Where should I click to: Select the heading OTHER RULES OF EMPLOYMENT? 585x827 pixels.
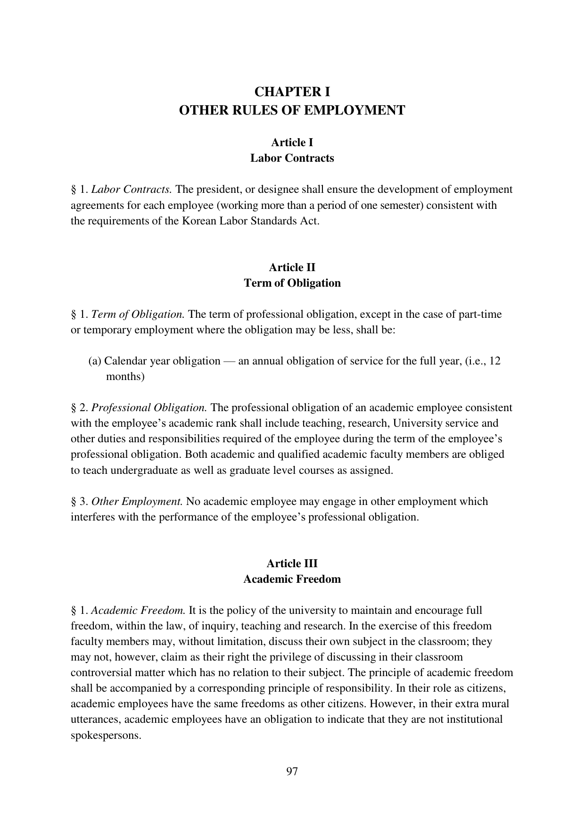tap(292, 110)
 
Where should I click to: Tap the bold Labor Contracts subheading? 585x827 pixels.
tap(292, 158)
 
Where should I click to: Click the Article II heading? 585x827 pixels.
tap(292, 267)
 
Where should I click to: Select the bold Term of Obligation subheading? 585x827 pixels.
tap(292, 283)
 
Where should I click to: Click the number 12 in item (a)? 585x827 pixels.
tap(494, 361)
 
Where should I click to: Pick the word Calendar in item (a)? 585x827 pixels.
tap(124, 361)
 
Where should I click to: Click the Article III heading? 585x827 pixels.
tap(292, 563)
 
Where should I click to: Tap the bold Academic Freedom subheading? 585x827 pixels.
tap(292, 579)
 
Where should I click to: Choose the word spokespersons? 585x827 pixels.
tap(106, 735)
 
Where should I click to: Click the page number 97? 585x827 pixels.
tap(292, 771)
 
